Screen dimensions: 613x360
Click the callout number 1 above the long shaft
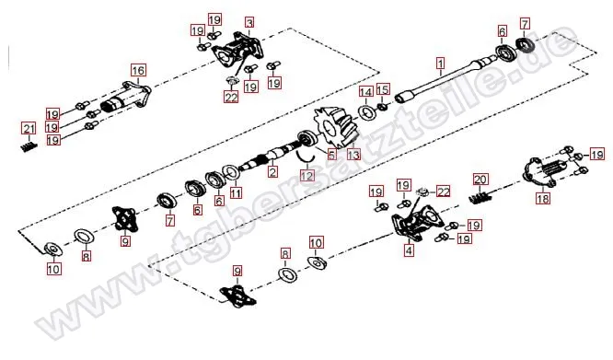pyautogui.click(x=441, y=63)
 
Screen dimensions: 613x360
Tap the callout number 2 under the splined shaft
pyautogui.click(x=272, y=171)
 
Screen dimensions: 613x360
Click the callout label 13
pyautogui.click(x=353, y=155)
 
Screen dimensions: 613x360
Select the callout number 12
pyautogui.click(x=307, y=176)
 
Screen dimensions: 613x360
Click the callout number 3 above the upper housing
pyautogui.click(x=249, y=23)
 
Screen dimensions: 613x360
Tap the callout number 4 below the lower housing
pyautogui.click(x=409, y=250)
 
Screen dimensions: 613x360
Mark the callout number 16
pyautogui.click(x=138, y=71)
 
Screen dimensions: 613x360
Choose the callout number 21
pyautogui.click(x=29, y=128)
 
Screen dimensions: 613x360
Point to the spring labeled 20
pyautogui.click(x=480, y=195)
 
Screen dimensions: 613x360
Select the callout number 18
pyautogui.click(x=543, y=199)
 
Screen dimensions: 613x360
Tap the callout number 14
pyautogui.click(x=366, y=92)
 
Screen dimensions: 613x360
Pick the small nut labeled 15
pyautogui.click(x=383, y=106)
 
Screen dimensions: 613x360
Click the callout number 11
pyautogui.click(x=236, y=192)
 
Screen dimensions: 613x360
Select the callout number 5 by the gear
pyautogui.click(x=332, y=155)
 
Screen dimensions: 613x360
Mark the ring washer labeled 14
pyautogui.click(x=368, y=112)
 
